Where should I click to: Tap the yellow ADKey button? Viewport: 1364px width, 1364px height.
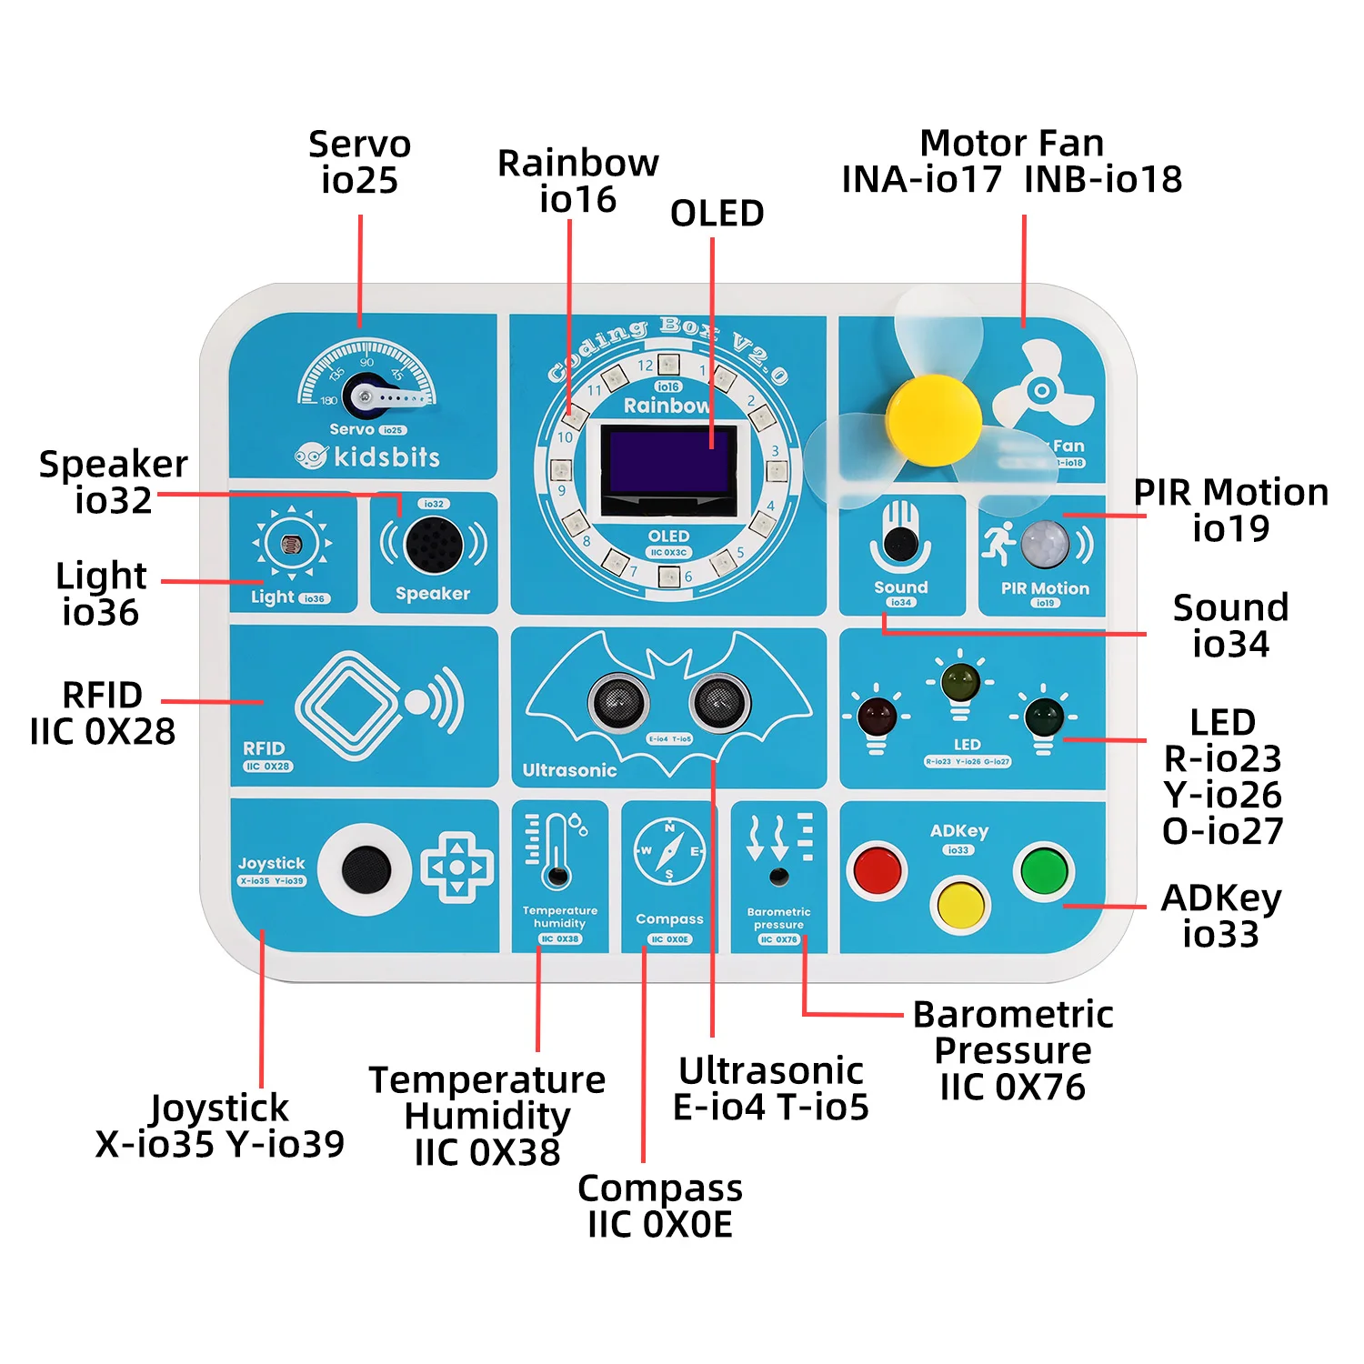(x=960, y=904)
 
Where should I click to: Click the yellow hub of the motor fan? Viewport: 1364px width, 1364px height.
(x=933, y=420)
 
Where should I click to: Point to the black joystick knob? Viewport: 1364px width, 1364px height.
(x=366, y=869)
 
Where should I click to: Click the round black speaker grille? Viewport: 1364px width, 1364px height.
(x=434, y=545)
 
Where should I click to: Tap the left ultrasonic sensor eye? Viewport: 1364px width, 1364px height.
(x=618, y=701)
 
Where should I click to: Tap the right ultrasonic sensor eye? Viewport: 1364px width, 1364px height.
(x=720, y=701)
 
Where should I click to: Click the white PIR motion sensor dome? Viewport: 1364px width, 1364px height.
(x=1045, y=545)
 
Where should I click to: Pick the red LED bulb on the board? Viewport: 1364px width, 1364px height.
(x=877, y=717)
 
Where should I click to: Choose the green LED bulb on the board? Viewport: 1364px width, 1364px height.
(x=1044, y=717)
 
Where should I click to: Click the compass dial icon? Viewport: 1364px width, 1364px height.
(x=669, y=852)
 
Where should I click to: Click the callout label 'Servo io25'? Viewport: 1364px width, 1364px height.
(x=359, y=162)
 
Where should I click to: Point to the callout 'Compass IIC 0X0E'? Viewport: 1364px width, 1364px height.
(x=660, y=1206)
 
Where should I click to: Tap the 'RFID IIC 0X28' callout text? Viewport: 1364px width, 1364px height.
(x=103, y=713)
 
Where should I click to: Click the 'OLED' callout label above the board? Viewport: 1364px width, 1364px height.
(x=717, y=214)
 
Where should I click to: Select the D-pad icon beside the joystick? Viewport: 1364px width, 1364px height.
(x=457, y=868)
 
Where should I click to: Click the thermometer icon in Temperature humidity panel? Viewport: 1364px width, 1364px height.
(x=557, y=851)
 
